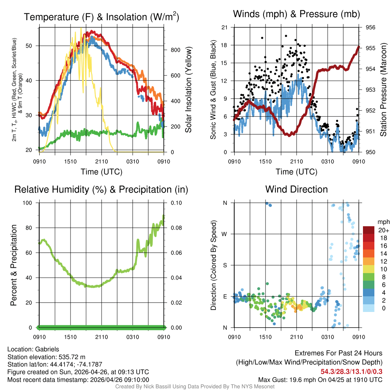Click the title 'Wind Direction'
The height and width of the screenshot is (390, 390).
296,189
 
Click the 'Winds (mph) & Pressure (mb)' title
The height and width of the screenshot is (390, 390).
296,14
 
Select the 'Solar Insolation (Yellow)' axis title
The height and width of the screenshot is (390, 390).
188,90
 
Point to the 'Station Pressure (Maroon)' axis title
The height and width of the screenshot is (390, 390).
383,90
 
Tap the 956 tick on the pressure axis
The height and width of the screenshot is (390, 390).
371,27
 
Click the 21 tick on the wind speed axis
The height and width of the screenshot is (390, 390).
224,27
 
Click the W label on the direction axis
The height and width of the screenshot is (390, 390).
225,234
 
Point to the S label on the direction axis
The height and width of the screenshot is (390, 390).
225,265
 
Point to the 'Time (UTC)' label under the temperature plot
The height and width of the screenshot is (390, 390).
101,172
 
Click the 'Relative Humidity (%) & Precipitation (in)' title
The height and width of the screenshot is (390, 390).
101,189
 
